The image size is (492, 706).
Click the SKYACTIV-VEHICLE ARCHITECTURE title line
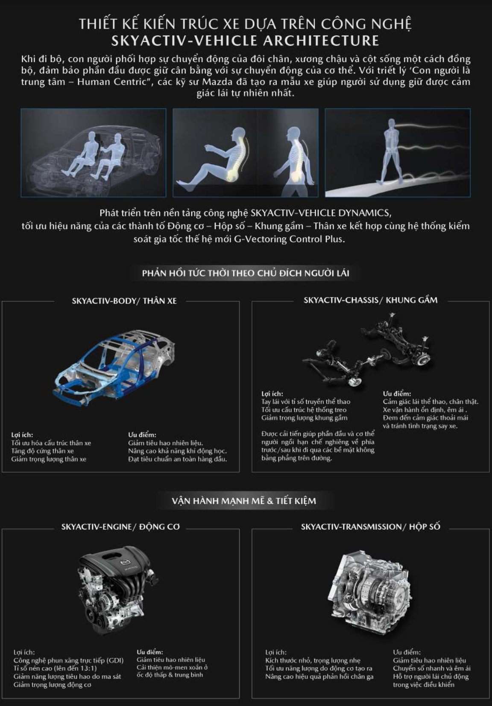pyautogui.click(x=246, y=41)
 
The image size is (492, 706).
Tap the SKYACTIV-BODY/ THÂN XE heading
pyautogui.click(x=124, y=301)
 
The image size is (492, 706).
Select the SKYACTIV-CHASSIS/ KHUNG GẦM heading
pyautogui.click(x=371, y=300)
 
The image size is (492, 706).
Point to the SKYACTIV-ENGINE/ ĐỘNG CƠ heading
pyautogui.click(x=120, y=527)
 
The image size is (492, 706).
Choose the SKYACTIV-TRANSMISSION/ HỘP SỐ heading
pyautogui.click(x=370, y=527)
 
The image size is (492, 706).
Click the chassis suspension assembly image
pyautogui.click(x=367, y=350)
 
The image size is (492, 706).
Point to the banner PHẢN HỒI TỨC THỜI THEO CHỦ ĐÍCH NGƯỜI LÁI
pyautogui.click(x=246, y=273)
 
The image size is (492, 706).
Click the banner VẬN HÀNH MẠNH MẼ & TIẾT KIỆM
pyautogui.click(x=244, y=501)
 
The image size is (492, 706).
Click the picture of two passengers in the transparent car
pyautogui.click(x=94, y=153)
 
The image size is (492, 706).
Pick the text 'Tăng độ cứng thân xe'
pyautogui.click(x=43, y=451)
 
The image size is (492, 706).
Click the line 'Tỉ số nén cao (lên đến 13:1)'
pyautogui.click(x=55, y=668)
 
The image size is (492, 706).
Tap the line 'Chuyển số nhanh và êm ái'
pyautogui.click(x=432, y=668)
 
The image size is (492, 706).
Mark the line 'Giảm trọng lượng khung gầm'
pyautogui.click(x=305, y=418)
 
